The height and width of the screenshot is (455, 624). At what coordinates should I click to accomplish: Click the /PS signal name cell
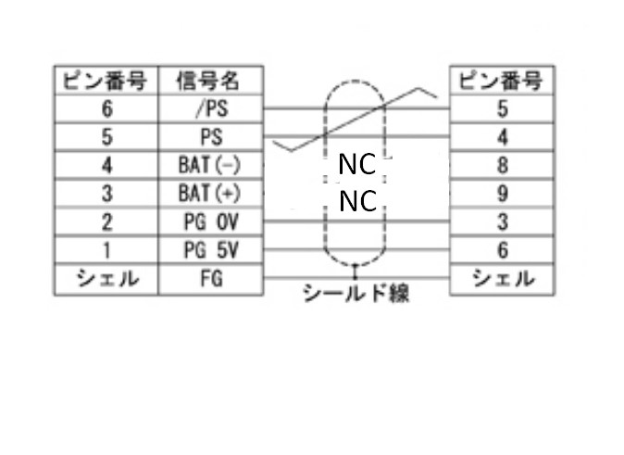[x=211, y=108]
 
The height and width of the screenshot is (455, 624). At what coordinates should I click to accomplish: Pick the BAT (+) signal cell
[x=211, y=194]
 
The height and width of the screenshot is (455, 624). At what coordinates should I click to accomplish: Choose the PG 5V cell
[x=211, y=250]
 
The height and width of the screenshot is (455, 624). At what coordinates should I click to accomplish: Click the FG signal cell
[x=211, y=278]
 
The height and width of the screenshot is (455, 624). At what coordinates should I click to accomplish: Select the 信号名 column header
[x=211, y=81]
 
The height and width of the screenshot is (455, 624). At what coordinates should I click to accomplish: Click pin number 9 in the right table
[x=501, y=194]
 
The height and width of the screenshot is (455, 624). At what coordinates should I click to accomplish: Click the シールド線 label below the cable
[x=356, y=295]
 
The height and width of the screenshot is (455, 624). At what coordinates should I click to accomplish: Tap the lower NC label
[x=356, y=200]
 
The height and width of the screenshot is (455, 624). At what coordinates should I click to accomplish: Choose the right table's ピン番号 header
[x=501, y=81]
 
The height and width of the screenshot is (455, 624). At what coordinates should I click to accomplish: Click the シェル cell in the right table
[x=501, y=278]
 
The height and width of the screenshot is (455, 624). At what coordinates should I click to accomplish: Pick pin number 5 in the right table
[x=501, y=108]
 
